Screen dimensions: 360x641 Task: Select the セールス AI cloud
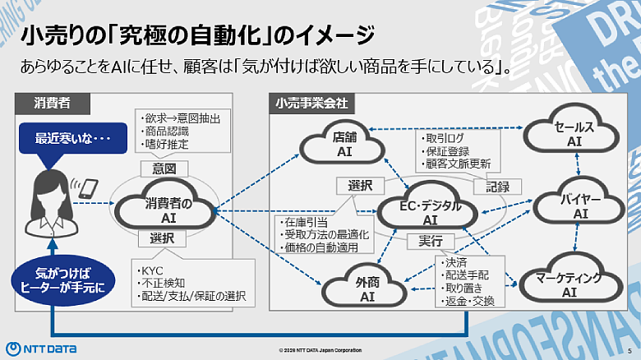(x=574, y=134)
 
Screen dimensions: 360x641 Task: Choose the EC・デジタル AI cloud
(x=430, y=211)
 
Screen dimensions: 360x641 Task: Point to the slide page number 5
(x=629, y=351)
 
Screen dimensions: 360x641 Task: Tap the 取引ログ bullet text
(x=447, y=137)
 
